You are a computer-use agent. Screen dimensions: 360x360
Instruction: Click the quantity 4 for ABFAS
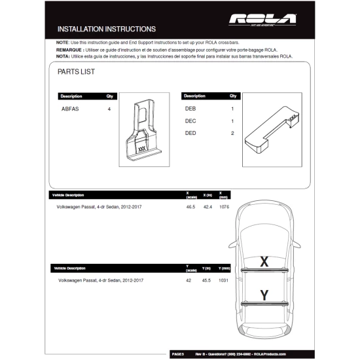pos(109,109)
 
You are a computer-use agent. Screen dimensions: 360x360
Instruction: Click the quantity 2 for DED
pos(232,134)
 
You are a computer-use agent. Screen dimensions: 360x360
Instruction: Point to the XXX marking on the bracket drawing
pos(141,149)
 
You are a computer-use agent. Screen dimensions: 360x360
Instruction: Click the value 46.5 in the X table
pos(191,207)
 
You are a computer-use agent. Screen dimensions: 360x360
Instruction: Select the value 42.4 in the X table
pos(208,207)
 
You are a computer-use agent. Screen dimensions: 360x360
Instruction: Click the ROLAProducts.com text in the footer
pos(268,354)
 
